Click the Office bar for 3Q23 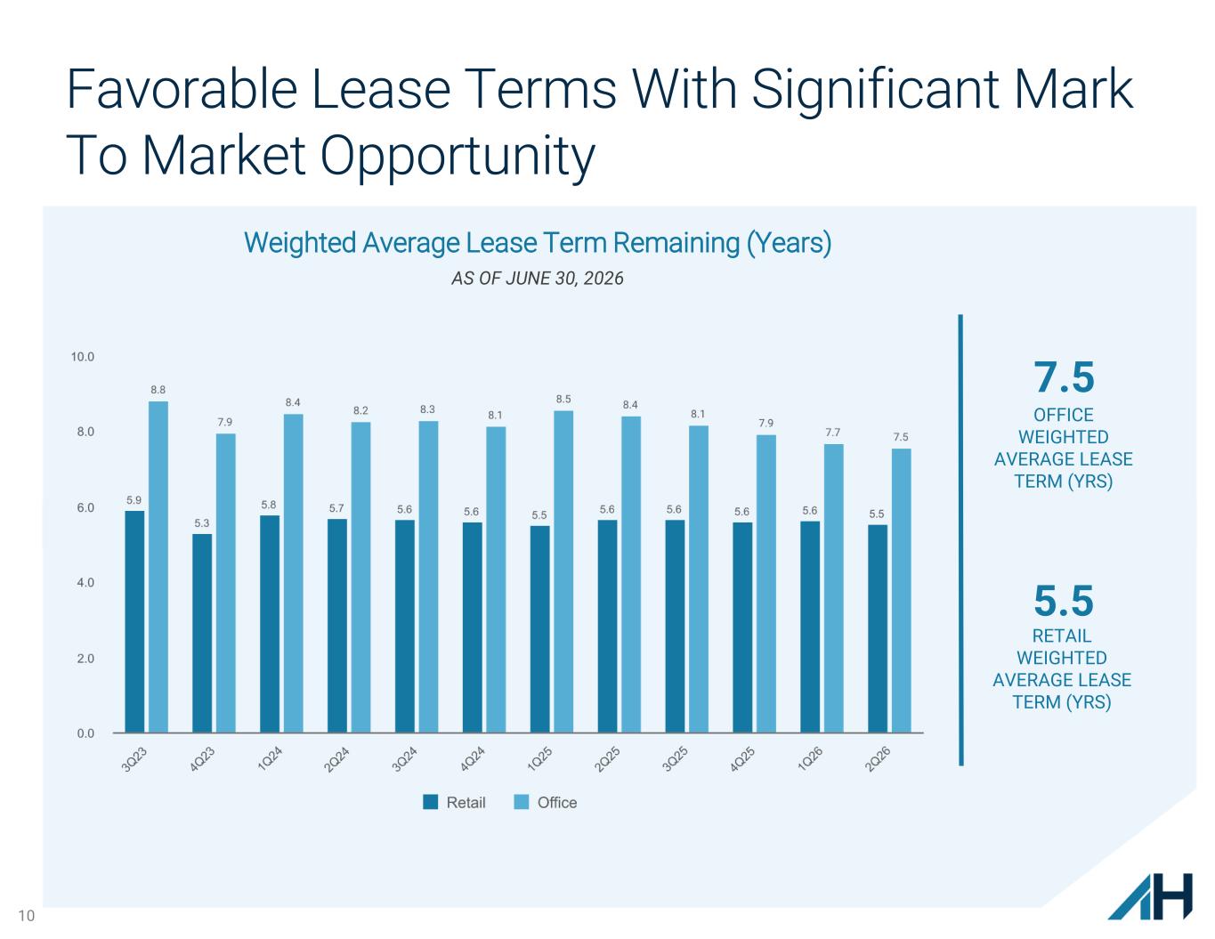click(x=158, y=567)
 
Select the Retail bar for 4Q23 click(x=202, y=633)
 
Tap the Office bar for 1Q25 click(x=563, y=571)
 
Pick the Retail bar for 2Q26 click(x=878, y=628)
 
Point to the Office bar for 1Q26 click(x=834, y=588)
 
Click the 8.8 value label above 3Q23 click(x=158, y=390)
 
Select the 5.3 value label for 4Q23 click(x=202, y=522)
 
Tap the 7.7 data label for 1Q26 click(x=833, y=432)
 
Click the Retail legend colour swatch click(x=431, y=802)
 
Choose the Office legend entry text click(x=557, y=803)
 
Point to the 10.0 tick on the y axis click(x=82, y=357)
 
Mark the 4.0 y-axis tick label click(x=85, y=582)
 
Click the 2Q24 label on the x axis click(x=336, y=759)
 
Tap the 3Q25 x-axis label click(x=675, y=759)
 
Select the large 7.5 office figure click(x=1064, y=377)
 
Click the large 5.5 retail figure click(x=1064, y=601)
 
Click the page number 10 click(x=27, y=916)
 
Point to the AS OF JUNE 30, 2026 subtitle click(x=538, y=279)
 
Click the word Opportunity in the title click(x=458, y=156)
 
